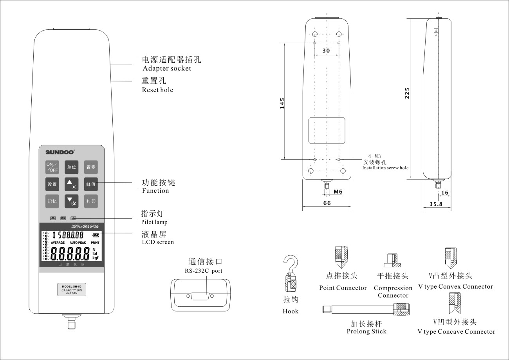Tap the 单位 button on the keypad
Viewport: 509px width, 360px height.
pyautogui.click(x=71, y=167)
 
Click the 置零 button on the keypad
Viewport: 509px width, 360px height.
pyautogui.click(x=91, y=167)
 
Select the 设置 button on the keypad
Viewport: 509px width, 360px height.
pyautogui.click(x=52, y=184)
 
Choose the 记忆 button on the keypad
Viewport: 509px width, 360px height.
pyautogui.click(x=52, y=201)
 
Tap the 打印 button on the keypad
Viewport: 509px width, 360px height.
pyautogui.click(x=91, y=201)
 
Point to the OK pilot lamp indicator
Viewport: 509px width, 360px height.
pyautogui.click(x=63, y=218)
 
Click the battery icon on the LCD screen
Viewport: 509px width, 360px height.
pyautogui.click(x=96, y=236)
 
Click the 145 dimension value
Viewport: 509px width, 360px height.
pyautogui.click(x=282, y=103)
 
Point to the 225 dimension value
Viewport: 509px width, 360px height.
pyautogui.click(x=407, y=93)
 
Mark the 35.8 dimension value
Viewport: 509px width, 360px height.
pyautogui.click(x=435, y=204)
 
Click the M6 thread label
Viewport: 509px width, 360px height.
pyautogui.click(x=338, y=192)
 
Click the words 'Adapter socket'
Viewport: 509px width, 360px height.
pyautogui.click(x=167, y=69)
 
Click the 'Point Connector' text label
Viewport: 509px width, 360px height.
pyautogui.click(x=343, y=288)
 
